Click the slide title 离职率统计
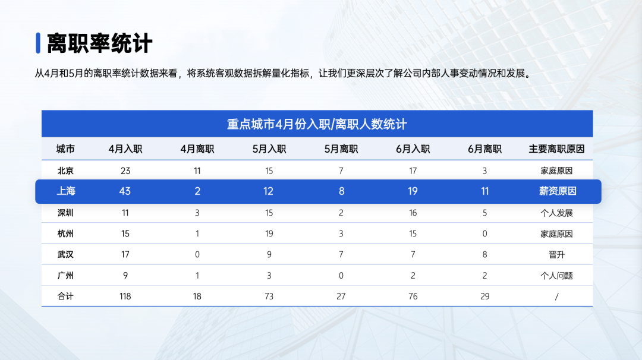(x=100, y=43)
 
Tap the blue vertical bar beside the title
(x=37, y=43)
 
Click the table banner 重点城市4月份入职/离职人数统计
(x=317, y=124)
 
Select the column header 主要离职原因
(x=556, y=149)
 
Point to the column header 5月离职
(x=341, y=149)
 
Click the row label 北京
(x=65, y=170)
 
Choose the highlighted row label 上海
(x=66, y=191)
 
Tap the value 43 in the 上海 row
(x=125, y=191)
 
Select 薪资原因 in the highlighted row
(x=556, y=191)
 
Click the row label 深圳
(x=65, y=213)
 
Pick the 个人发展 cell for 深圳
(x=556, y=213)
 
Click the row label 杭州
(x=65, y=233)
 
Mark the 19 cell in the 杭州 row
(x=269, y=233)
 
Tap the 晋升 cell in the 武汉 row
(x=556, y=254)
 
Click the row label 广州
(x=65, y=276)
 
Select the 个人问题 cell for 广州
(x=556, y=276)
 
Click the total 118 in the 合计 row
(x=125, y=296)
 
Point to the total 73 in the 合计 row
(x=269, y=296)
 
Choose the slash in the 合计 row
(x=556, y=296)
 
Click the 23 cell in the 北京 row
(x=125, y=170)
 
